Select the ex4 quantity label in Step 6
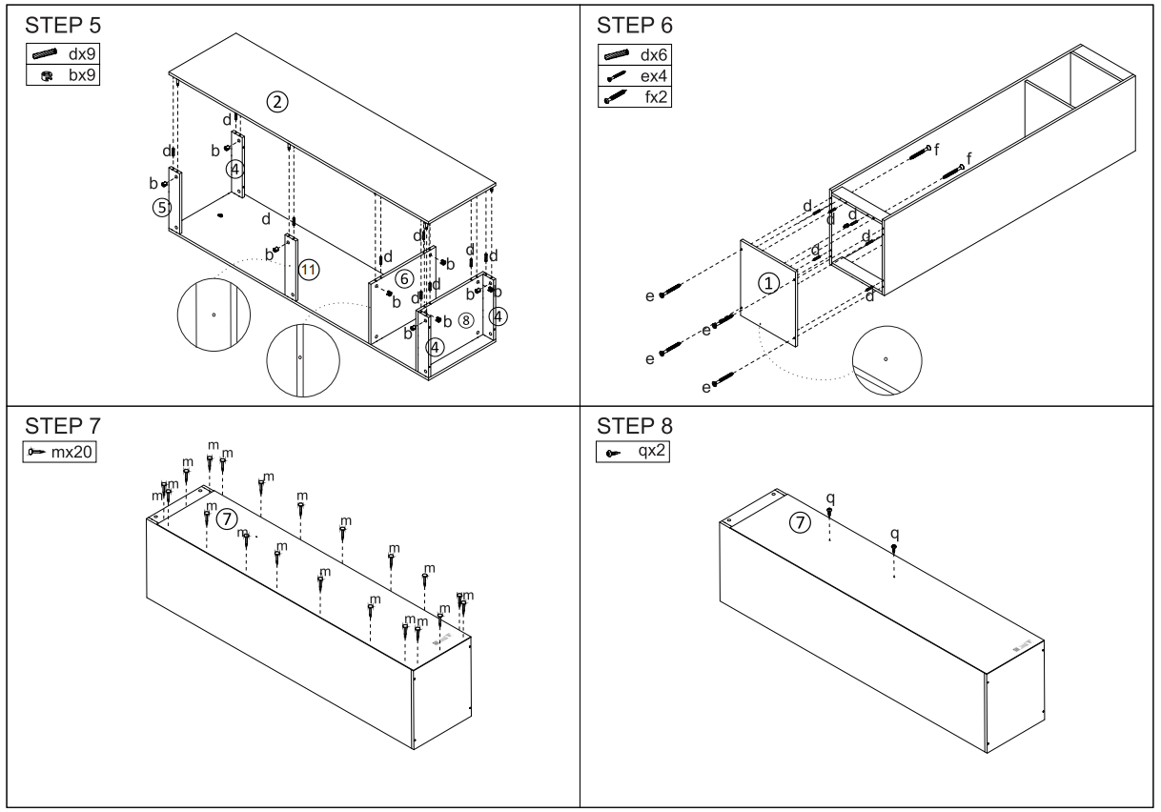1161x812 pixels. pos(653,74)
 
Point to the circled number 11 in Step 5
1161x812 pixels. pos(308,270)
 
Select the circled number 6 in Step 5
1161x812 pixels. pos(404,278)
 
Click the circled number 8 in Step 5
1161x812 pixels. pos(465,318)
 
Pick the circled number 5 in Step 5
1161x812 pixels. pos(163,205)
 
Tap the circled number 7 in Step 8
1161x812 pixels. pos(802,521)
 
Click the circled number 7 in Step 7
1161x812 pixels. pos(225,518)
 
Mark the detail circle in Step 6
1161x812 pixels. pos(886,359)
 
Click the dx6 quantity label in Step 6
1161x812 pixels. pos(653,56)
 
